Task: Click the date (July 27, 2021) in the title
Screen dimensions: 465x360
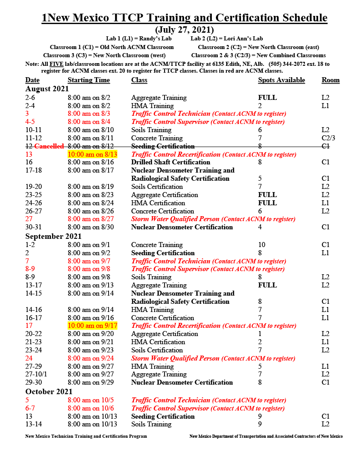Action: [x=185, y=30]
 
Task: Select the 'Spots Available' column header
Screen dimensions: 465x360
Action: [x=281, y=80]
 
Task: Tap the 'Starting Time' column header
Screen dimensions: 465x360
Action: [x=89, y=80]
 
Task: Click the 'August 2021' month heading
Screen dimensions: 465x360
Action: [x=47, y=89]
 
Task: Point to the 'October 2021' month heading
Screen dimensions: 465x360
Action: [x=49, y=392]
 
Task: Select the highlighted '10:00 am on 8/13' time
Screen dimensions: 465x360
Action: [x=92, y=154]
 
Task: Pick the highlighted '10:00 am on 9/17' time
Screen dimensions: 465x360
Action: [x=92, y=326]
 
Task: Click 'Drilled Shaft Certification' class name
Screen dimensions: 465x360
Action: [x=170, y=162]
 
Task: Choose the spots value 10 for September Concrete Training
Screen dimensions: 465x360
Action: [x=262, y=245]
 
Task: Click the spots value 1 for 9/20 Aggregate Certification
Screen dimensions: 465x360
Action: [x=260, y=334]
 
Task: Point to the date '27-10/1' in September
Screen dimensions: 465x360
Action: [x=36, y=374]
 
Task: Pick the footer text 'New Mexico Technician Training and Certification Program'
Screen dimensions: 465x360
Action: [x=86, y=436]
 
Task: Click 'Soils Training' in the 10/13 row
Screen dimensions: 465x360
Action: [x=151, y=424]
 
